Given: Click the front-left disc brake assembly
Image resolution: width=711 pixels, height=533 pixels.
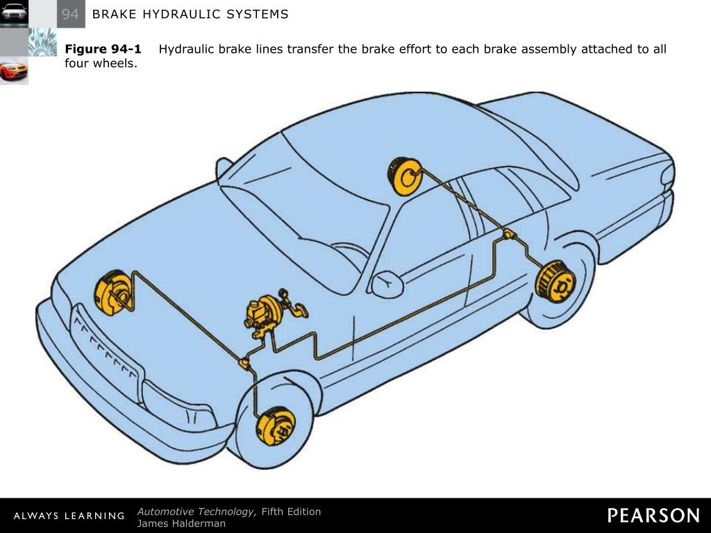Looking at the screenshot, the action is tap(276, 425).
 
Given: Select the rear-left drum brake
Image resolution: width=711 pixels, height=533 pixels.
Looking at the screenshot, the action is tap(555, 282).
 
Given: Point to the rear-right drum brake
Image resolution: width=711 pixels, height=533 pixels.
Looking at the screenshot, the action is tap(405, 176).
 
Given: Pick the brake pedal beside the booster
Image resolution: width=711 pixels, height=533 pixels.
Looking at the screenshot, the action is tap(297, 308).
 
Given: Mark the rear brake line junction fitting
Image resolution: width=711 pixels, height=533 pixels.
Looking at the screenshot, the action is tap(509, 235).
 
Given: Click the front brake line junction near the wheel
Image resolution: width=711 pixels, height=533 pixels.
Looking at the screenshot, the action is tap(244, 362).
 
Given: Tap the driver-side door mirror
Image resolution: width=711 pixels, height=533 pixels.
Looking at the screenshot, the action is tap(387, 284).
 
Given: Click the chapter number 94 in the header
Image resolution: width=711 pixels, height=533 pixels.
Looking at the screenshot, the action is tap(70, 15).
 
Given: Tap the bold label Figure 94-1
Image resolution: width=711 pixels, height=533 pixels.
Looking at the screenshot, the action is tap(103, 49).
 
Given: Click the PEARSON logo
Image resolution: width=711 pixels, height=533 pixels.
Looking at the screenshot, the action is tap(653, 516).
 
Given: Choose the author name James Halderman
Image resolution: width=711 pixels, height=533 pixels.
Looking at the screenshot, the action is tap(181, 523).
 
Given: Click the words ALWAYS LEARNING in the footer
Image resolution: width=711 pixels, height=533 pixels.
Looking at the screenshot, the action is tap(69, 516).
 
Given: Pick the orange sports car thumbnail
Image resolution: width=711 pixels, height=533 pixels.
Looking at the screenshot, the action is tap(14, 71).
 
